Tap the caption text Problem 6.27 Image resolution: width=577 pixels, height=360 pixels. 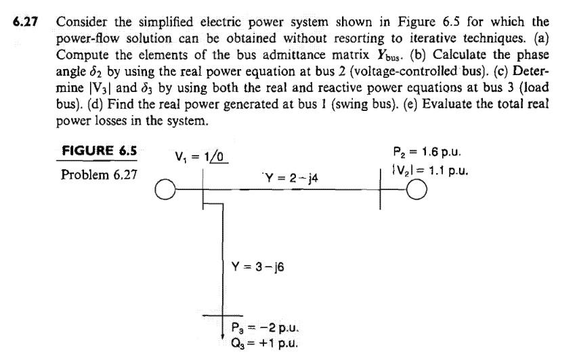[x=99, y=175]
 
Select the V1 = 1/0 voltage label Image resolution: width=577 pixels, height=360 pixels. [x=198, y=158]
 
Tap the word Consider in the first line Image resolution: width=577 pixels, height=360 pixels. [x=82, y=21]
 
